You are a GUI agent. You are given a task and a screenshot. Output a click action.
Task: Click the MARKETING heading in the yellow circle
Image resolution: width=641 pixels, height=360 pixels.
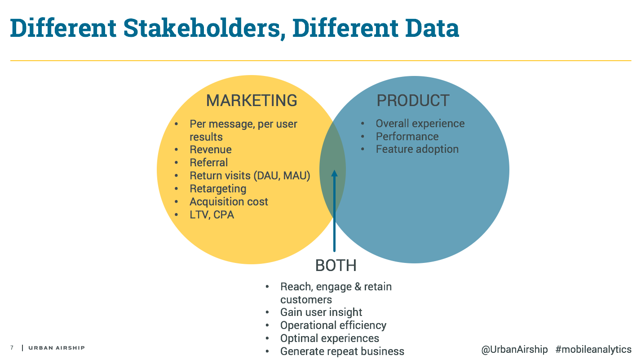(252, 100)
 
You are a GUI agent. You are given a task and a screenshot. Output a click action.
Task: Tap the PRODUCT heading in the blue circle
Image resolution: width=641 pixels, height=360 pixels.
(413, 100)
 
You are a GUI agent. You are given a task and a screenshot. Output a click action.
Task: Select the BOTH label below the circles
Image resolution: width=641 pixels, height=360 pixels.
(336, 266)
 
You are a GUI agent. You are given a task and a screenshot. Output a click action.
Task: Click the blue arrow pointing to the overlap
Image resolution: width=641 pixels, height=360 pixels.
(334, 211)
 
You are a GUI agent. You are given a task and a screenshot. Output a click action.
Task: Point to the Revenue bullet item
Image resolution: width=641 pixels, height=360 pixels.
(211, 150)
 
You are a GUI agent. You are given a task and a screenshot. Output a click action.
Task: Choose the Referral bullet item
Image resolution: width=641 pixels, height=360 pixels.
(209, 163)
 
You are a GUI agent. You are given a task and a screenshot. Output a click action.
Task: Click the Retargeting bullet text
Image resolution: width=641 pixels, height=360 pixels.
(218, 189)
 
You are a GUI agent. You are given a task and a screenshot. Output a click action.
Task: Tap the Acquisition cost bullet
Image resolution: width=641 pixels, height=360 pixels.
(229, 202)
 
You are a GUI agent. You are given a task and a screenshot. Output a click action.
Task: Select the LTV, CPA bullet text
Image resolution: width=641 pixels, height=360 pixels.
(212, 215)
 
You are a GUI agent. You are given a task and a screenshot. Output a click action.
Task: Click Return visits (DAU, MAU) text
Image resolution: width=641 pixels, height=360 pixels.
(250, 176)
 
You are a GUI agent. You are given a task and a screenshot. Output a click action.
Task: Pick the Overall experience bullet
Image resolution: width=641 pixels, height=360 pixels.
(420, 124)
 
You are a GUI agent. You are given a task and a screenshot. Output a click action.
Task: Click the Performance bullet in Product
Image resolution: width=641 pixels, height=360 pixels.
(407, 137)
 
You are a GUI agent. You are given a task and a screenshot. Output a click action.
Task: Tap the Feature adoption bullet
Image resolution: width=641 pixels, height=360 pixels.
(417, 149)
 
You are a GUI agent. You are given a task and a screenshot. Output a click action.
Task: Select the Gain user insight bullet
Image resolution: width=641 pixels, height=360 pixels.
(321, 312)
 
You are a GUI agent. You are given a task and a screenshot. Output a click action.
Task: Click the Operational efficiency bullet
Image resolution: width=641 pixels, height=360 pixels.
(333, 325)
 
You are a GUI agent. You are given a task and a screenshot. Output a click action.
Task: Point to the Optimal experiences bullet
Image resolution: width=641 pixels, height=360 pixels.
(330, 338)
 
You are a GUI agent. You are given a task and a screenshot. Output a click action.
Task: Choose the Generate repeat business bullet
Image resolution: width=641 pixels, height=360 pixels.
(342, 351)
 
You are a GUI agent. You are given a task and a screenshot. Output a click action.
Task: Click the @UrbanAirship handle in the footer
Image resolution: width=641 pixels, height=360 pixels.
(514, 350)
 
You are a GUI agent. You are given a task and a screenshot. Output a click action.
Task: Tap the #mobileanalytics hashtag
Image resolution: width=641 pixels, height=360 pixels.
(593, 350)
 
